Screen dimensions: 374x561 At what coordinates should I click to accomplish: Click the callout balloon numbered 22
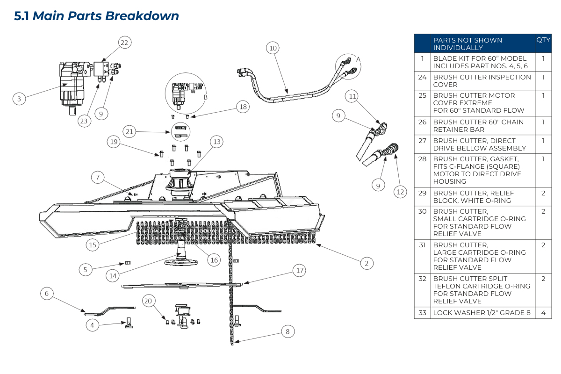pos(124,43)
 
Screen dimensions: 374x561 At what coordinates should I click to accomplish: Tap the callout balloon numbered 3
pos(19,99)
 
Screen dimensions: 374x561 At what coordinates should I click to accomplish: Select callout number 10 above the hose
pos(273,48)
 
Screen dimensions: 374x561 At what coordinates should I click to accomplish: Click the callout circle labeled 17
pos(300,270)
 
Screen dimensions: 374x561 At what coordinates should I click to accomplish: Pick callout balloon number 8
pos(288,331)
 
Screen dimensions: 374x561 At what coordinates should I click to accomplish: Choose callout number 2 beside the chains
pos(367,263)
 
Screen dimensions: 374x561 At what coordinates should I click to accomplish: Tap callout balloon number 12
pos(400,191)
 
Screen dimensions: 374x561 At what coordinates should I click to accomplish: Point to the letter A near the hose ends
pos(359,59)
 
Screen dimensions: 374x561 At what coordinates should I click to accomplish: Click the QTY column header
pos(543,40)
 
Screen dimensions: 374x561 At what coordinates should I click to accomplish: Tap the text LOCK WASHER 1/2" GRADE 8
pos(482,313)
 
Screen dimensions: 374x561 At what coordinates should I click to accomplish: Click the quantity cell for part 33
pos(543,313)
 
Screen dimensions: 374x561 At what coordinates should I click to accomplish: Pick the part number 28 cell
pos(422,159)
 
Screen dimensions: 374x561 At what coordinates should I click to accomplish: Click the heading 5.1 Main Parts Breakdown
pos(97,16)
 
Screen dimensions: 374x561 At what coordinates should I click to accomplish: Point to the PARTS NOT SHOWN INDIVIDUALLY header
pos(467,44)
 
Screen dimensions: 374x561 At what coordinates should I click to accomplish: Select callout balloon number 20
pos(149,302)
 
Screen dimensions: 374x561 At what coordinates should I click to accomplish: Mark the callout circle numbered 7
pos(98,177)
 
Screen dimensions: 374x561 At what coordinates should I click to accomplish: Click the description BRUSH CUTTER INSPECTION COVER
pos(482,81)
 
